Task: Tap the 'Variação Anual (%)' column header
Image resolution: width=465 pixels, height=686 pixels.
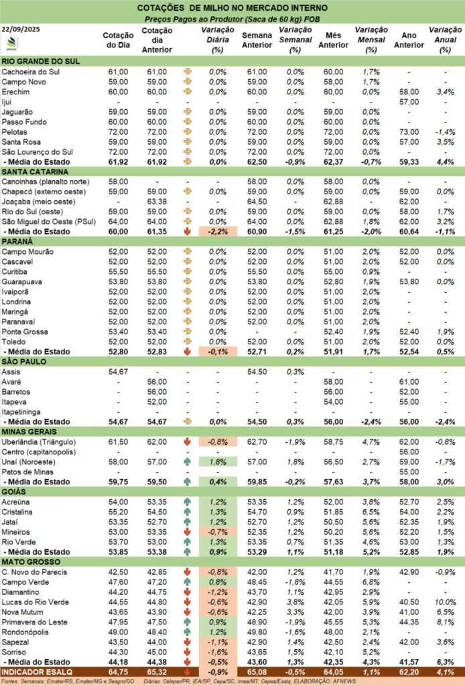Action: coord(445,40)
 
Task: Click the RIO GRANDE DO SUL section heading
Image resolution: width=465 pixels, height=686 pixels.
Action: coord(42,61)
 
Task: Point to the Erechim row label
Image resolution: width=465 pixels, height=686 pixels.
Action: coord(15,91)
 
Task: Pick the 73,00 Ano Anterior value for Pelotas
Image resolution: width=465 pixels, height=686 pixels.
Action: coord(409,132)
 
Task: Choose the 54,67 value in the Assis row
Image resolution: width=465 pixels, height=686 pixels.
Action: coord(118,371)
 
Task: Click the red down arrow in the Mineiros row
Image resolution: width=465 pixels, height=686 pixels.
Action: coord(186,533)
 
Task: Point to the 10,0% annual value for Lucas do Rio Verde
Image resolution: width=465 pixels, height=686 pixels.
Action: coord(445,604)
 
